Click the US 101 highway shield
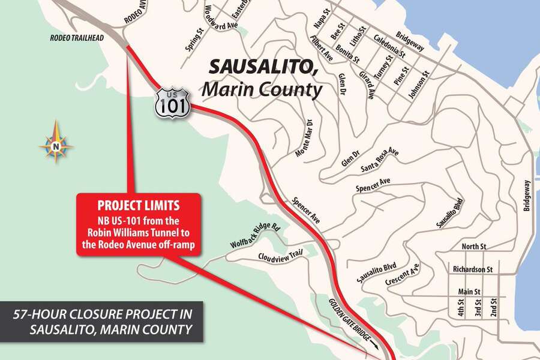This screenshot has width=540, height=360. click(172, 102)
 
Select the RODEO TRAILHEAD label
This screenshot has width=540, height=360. click(78, 38)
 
